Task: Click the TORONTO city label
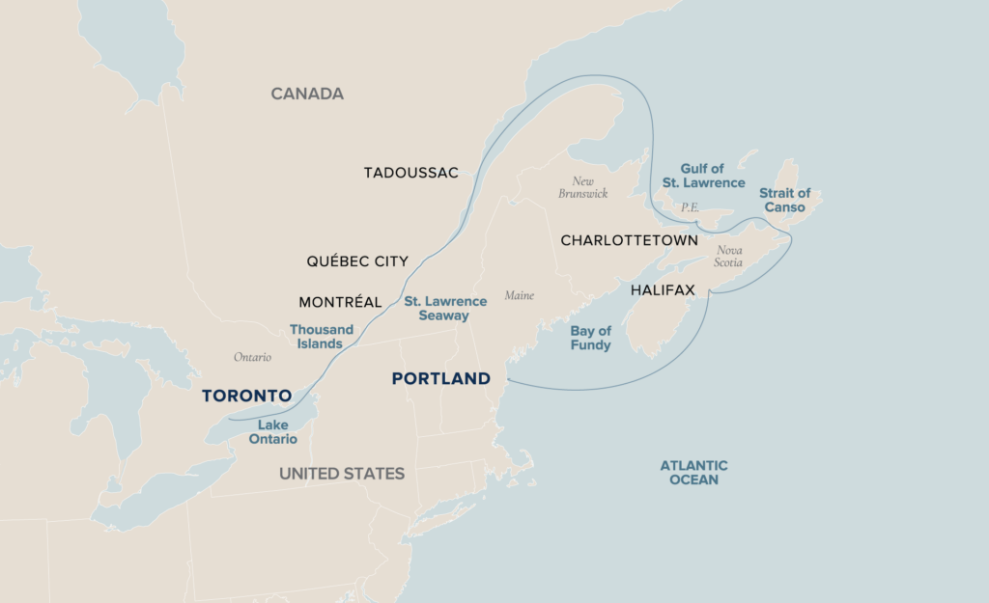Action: pos(246,396)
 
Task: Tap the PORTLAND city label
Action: pos(440,379)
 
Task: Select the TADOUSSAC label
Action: pos(410,173)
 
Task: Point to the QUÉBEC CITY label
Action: pos(357,261)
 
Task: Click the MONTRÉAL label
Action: pos(340,302)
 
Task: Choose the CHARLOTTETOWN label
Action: pos(629,240)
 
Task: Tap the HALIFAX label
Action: pos(663,289)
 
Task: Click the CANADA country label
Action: pos(307,94)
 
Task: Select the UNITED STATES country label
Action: pos(342,474)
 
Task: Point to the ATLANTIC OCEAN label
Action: pos(693,472)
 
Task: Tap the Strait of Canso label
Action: pos(784,200)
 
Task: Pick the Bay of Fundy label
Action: pos(590,338)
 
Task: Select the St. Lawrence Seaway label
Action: pos(445,309)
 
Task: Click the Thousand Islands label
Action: pos(322,336)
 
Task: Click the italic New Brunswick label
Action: pos(582,187)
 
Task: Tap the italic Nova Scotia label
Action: pos(729,256)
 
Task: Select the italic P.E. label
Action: pos(690,207)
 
